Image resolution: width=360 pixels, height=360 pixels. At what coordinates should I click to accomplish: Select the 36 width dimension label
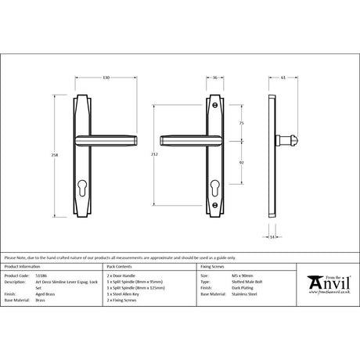[214, 78]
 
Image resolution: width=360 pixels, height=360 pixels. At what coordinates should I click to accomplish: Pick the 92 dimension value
[241, 162]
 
